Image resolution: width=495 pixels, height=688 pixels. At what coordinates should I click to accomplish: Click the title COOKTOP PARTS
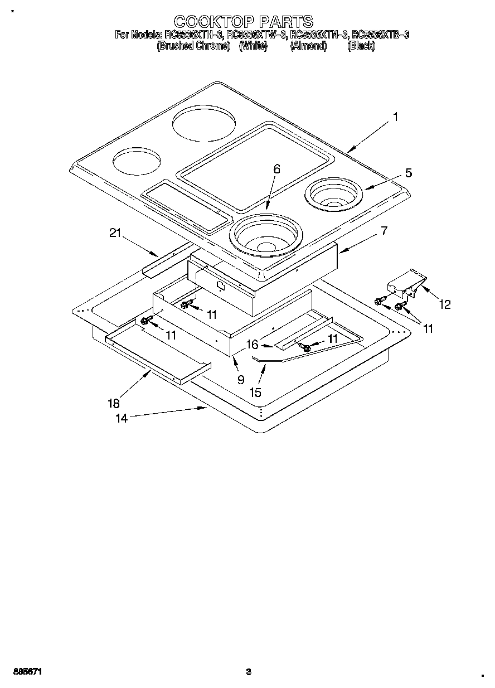tap(244, 21)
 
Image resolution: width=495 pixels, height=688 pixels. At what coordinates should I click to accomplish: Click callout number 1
tap(395, 117)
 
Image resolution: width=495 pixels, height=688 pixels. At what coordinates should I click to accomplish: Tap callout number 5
tap(409, 173)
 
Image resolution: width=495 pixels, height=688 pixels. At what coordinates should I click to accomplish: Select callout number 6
tap(277, 169)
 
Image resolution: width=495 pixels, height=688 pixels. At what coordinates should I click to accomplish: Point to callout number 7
tap(384, 230)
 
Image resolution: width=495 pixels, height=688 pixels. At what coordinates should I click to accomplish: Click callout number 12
tap(445, 304)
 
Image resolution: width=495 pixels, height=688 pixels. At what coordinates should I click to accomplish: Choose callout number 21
tap(115, 234)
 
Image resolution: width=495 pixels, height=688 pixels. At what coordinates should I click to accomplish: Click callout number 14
tap(122, 418)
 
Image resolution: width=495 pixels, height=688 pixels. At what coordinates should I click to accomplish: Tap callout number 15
tap(255, 393)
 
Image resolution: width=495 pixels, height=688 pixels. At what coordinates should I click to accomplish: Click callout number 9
tap(241, 380)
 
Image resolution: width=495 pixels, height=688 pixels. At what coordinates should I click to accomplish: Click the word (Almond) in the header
tap(308, 46)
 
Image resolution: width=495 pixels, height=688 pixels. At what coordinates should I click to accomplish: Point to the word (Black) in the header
tap(361, 46)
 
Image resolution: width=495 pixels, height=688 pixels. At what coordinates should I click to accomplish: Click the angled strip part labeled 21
tap(164, 260)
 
